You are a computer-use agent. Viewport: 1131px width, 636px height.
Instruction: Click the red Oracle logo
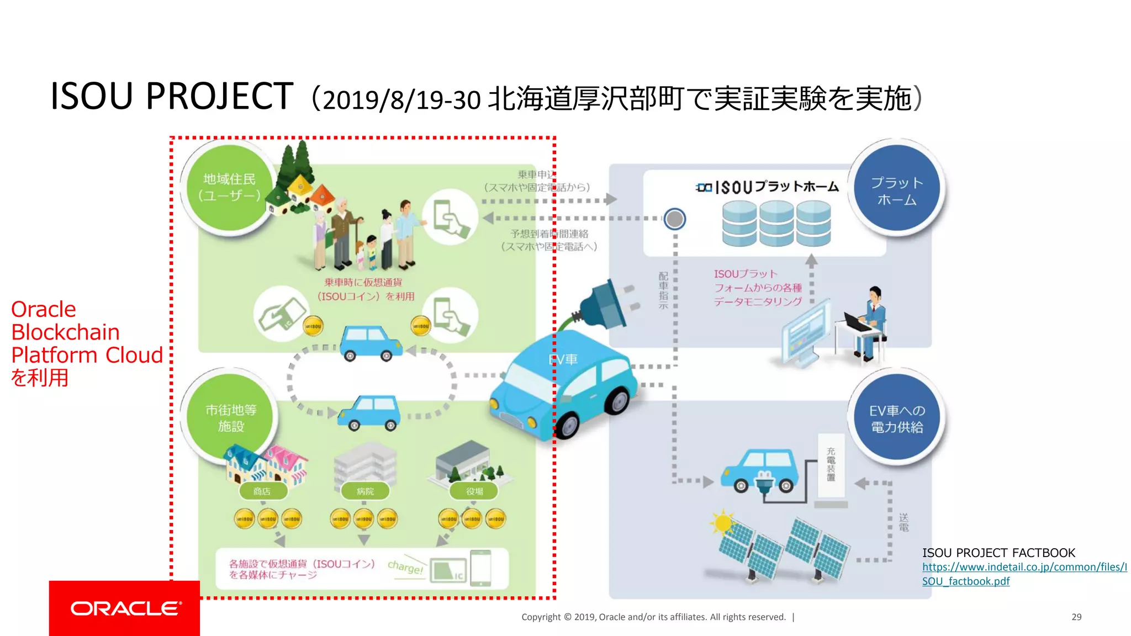coord(124,608)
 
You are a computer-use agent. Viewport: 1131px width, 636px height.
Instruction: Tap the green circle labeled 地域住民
coord(229,187)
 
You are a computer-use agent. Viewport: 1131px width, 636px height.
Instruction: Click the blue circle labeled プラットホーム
coord(896,190)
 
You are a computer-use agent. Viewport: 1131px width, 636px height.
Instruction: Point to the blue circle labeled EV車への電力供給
coord(896,418)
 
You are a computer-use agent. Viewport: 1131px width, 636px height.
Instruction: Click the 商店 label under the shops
coord(262,491)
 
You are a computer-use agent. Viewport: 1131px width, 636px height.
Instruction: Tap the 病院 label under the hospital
coord(365,491)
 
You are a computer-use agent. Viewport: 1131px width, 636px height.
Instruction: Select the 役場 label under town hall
coord(474,491)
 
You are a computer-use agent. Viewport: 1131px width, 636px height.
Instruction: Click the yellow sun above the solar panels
coord(722,522)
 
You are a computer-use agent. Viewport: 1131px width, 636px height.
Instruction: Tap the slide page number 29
coord(1076,617)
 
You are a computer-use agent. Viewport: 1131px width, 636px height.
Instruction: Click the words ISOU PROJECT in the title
coord(172,97)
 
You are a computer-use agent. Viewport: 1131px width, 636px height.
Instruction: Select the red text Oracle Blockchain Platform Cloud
coord(87,343)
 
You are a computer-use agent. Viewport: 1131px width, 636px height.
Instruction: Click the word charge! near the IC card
coord(405,566)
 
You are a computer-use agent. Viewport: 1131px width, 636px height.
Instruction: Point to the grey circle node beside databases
coord(674,219)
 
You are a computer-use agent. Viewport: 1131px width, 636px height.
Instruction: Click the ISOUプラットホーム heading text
coord(768,187)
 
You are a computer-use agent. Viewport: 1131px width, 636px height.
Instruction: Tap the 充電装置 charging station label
coord(831,464)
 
